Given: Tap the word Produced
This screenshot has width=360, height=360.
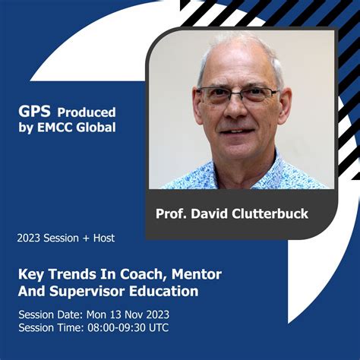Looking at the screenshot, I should pos(87,111).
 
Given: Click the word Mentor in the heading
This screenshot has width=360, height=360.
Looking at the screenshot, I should pos(197,274).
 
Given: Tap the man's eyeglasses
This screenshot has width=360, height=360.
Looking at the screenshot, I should pos(237,96).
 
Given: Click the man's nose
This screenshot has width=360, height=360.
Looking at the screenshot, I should pos(238,110).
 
